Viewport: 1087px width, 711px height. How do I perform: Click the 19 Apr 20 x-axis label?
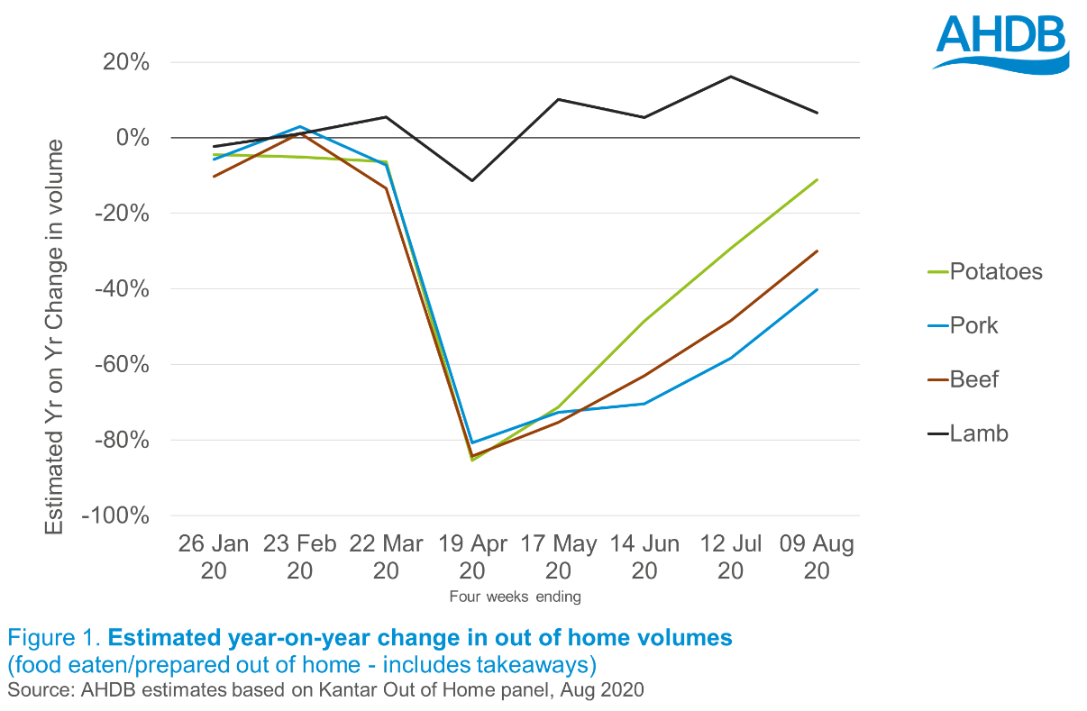click(x=472, y=557)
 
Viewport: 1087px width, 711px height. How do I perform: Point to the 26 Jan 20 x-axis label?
click(x=214, y=557)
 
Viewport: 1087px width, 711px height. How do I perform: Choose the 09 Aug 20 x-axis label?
click(x=817, y=557)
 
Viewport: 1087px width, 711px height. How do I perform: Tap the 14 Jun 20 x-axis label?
click(x=644, y=557)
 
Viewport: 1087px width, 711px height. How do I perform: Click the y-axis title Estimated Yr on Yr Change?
click(x=55, y=335)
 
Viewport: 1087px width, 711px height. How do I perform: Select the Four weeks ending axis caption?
click(x=515, y=597)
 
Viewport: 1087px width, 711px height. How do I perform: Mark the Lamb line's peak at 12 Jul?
click(x=731, y=77)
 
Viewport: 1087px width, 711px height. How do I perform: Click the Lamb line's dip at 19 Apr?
click(x=471, y=180)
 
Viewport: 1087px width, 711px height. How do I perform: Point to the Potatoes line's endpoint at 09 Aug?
click(x=817, y=179)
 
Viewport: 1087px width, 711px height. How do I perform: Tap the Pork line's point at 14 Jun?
click(x=644, y=403)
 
